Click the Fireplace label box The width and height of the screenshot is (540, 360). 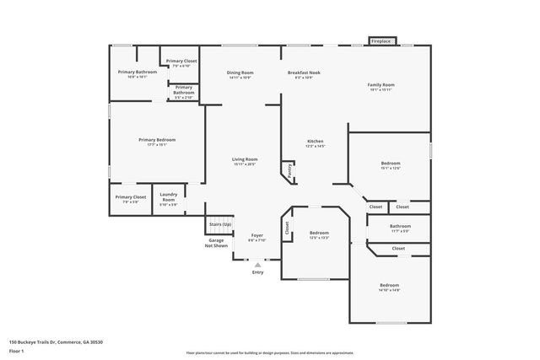pos(381,40)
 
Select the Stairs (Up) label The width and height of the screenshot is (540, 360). pos(219,224)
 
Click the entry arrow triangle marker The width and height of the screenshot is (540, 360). pos(258,264)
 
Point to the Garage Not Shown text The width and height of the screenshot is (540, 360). pos(218,243)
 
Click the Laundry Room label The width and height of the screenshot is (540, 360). pos(169,198)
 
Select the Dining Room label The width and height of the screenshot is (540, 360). pos(240,73)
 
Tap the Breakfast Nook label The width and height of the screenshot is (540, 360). pos(304,73)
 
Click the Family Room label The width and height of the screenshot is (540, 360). pos(381,85)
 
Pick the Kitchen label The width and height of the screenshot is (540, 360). pos(316,141)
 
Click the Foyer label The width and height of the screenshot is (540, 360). pos(256,235)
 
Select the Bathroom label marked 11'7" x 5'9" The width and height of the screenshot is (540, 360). pos(400,226)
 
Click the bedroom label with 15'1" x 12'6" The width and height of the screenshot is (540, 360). pos(390,164)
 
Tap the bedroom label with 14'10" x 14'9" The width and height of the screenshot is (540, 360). pos(388,286)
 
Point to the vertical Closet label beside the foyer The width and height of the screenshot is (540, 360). pos(287,226)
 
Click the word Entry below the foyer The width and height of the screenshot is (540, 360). pos(258,272)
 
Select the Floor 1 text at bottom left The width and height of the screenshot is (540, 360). pos(16,349)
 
